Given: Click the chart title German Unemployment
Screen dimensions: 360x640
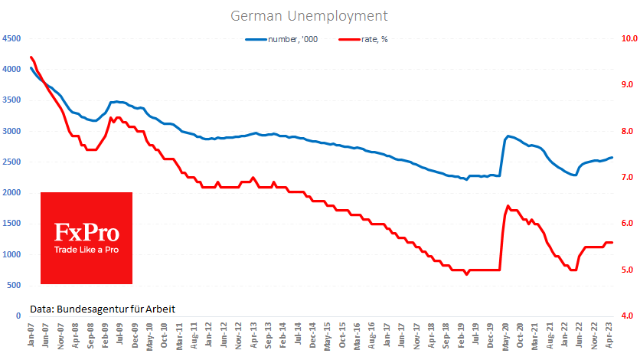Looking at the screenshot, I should [309, 15].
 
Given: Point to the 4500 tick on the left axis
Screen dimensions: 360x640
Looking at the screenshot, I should [11, 38].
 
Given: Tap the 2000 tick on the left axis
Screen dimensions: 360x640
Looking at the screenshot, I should [11, 193].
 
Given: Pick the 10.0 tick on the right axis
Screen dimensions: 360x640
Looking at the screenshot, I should [629, 38].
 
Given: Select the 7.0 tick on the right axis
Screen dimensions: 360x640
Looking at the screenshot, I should [629, 178].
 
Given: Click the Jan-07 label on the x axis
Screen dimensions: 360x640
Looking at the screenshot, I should [31, 335].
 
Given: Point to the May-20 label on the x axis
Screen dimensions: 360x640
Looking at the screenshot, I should [506, 335].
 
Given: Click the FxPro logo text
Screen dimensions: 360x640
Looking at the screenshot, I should [87, 231].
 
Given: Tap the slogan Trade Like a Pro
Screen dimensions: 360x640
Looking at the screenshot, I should [87, 250].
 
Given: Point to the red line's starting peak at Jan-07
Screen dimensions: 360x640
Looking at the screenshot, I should [31, 57].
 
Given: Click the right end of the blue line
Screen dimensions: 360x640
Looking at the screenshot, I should [612, 158].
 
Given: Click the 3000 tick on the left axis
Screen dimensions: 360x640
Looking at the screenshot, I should [11, 131].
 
